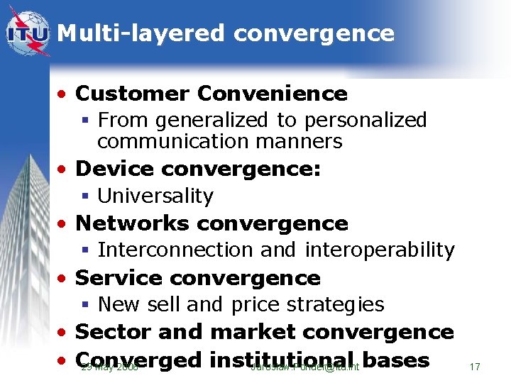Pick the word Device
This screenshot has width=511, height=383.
115,169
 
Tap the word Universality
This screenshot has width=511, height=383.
155,196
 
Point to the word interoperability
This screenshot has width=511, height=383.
380,250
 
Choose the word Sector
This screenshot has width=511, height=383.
113,332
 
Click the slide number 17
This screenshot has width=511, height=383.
475,367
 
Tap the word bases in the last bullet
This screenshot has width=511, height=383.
396,360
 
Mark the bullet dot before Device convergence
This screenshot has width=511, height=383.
65,170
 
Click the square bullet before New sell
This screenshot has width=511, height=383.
84,305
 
